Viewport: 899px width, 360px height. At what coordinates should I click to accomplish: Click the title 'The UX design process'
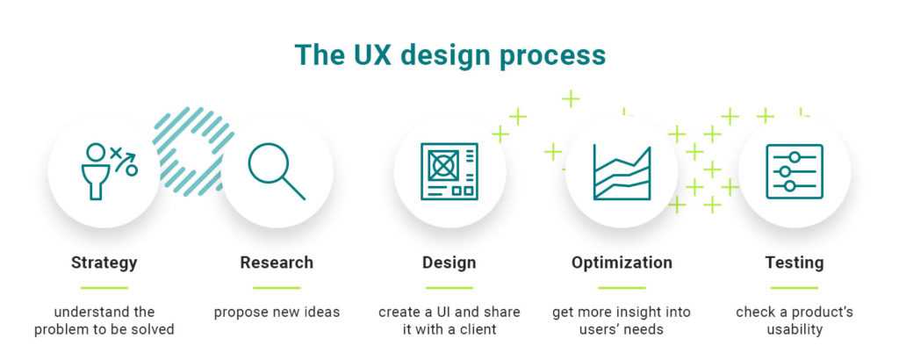(x=449, y=54)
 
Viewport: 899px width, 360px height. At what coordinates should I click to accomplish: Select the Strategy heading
(x=104, y=263)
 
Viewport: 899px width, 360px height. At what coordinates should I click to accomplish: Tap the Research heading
(x=277, y=263)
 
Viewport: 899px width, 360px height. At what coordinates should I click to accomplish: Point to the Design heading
(x=449, y=263)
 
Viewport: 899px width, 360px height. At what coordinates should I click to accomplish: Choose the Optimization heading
(x=622, y=263)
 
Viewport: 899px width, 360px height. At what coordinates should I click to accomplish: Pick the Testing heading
(x=794, y=263)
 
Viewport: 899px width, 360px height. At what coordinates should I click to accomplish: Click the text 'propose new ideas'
(x=277, y=313)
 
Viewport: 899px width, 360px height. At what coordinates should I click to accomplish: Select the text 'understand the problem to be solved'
(x=104, y=320)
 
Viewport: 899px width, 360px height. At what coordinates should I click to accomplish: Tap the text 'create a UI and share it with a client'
(x=449, y=320)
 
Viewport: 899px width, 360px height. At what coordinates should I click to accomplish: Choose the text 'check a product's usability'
(x=794, y=320)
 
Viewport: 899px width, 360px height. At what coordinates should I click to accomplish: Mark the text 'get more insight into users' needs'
(x=622, y=320)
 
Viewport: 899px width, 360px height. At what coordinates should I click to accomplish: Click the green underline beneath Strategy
(x=104, y=287)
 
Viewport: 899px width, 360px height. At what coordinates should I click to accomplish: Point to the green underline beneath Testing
(x=794, y=287)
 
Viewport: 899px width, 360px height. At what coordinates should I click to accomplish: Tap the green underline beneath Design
(x=449, y=287)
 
